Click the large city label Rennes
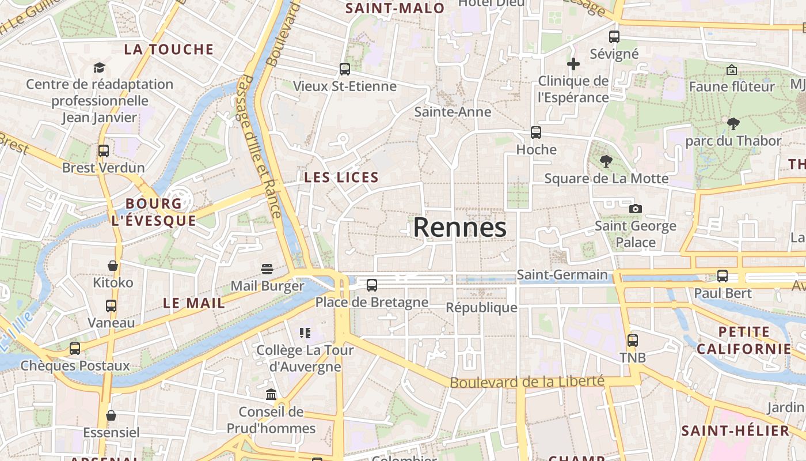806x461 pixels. [x=459, y=228]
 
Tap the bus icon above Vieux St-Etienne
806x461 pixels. [x=345, y=69]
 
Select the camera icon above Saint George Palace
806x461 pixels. [x=635, y=209]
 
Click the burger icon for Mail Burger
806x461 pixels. [x=267, y=269]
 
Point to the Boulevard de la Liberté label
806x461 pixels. [x=527, y=381]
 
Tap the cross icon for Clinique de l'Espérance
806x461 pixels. [x=573, y=64]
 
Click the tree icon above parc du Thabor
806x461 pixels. [x=733, y=123]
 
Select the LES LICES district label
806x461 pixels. [x=341, y=177]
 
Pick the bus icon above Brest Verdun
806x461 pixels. [x=104, y=151]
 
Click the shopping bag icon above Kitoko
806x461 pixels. [x=113, y=266]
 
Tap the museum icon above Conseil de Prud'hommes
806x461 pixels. [x=271, y=395]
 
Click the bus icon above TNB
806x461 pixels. [x=633, y=341]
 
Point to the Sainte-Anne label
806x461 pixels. [x=453, y=112]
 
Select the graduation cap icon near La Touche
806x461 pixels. [x=100, y=67]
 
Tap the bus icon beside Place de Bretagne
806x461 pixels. [x=372, y=285]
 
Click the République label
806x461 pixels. [x=481, y=308]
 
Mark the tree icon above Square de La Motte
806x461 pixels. [x=606, y=161]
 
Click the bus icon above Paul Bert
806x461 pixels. [x=723, y=276]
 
